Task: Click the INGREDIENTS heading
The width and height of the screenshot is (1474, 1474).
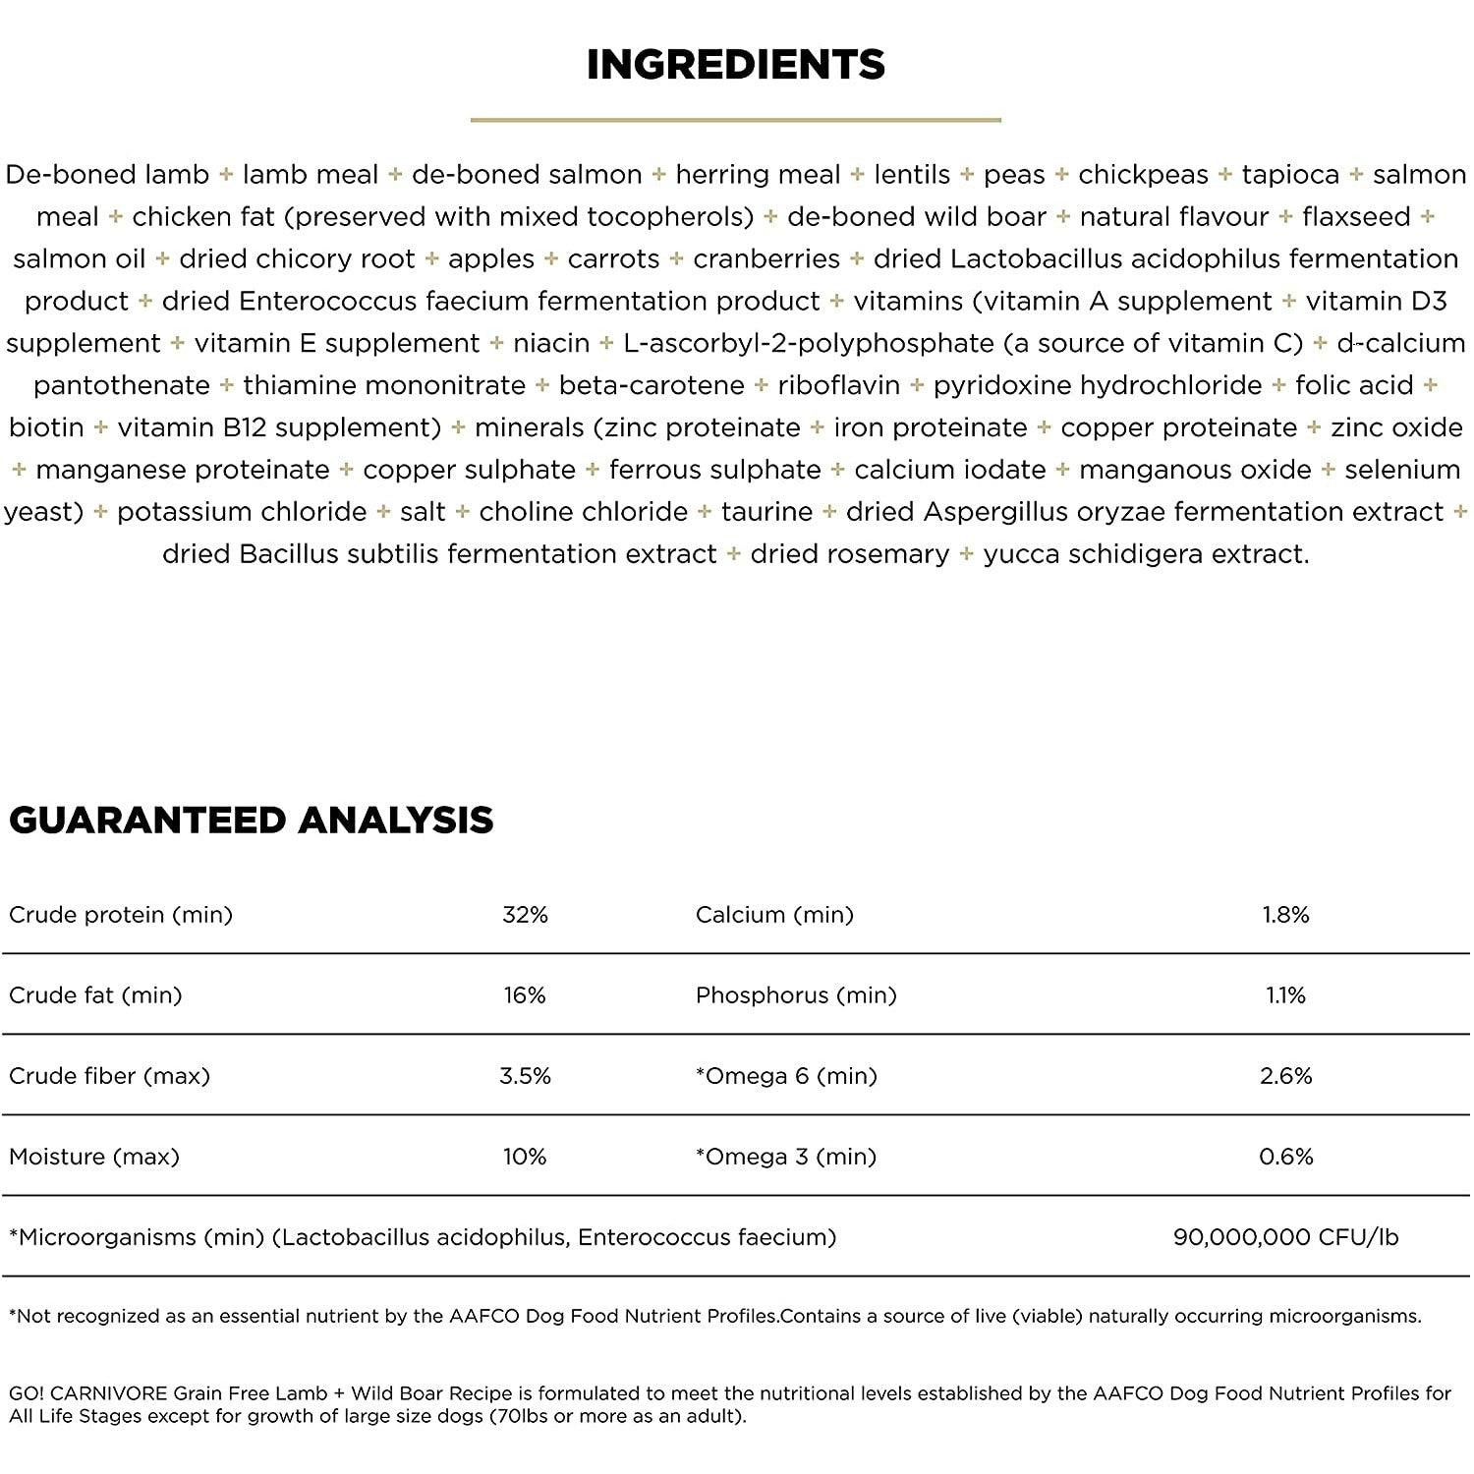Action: point(736,65)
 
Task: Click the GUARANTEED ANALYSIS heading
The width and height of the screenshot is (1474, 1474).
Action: point(251,820)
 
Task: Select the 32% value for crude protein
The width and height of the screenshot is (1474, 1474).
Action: point(525,915)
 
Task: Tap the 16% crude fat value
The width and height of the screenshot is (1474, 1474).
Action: point(525,995)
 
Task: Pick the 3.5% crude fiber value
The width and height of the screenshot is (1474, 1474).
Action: point(525,1076)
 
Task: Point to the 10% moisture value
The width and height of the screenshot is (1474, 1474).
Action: point(525,1157)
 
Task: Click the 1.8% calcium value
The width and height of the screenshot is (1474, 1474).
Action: point(1285,915)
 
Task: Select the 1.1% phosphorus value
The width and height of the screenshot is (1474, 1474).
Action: point(1285,995)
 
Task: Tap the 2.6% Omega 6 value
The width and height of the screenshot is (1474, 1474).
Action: point(1285,1076)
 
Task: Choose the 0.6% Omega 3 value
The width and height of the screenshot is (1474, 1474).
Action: point(1285,1157)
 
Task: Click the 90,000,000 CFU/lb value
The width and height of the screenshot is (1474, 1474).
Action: point(1285,1237)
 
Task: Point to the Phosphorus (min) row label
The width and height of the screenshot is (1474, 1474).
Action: point(796,995)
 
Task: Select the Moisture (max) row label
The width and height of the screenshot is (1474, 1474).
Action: point(94,1157)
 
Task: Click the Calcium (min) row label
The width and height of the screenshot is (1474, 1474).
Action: point(774,915)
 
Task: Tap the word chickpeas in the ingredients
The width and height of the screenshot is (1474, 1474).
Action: point(1143,175)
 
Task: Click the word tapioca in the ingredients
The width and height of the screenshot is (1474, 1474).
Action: point(1290,175)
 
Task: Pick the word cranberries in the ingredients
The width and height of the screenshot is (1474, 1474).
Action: point(766,259)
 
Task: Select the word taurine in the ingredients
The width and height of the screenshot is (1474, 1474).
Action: point(766,512)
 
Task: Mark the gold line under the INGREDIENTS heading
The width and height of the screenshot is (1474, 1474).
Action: point(736,120)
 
